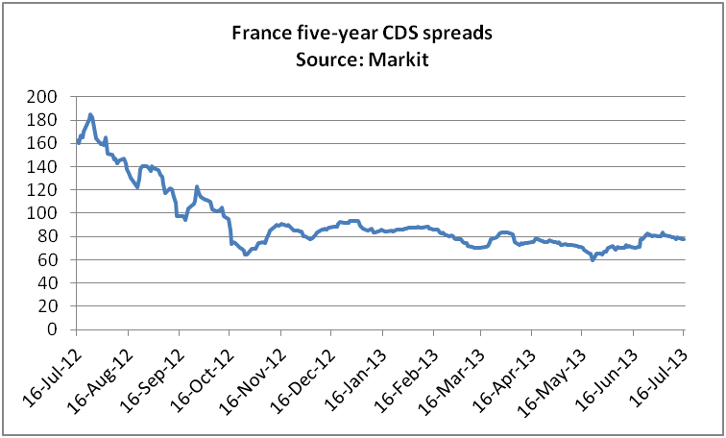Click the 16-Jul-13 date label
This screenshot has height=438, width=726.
tap(662, 371)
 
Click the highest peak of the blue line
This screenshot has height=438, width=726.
tap(90, 115)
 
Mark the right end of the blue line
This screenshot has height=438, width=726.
tap(684, 238)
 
